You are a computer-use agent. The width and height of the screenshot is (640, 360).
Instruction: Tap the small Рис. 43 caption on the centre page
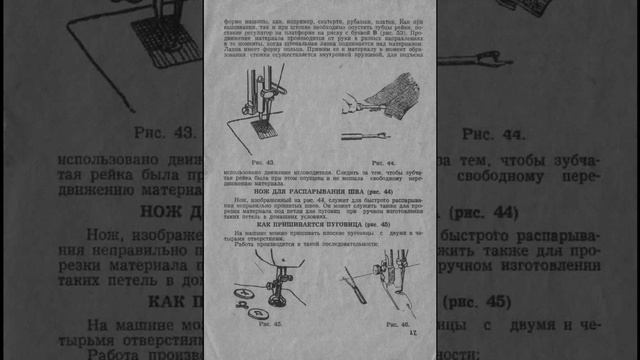pyautogui.click(x=263, y=162)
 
